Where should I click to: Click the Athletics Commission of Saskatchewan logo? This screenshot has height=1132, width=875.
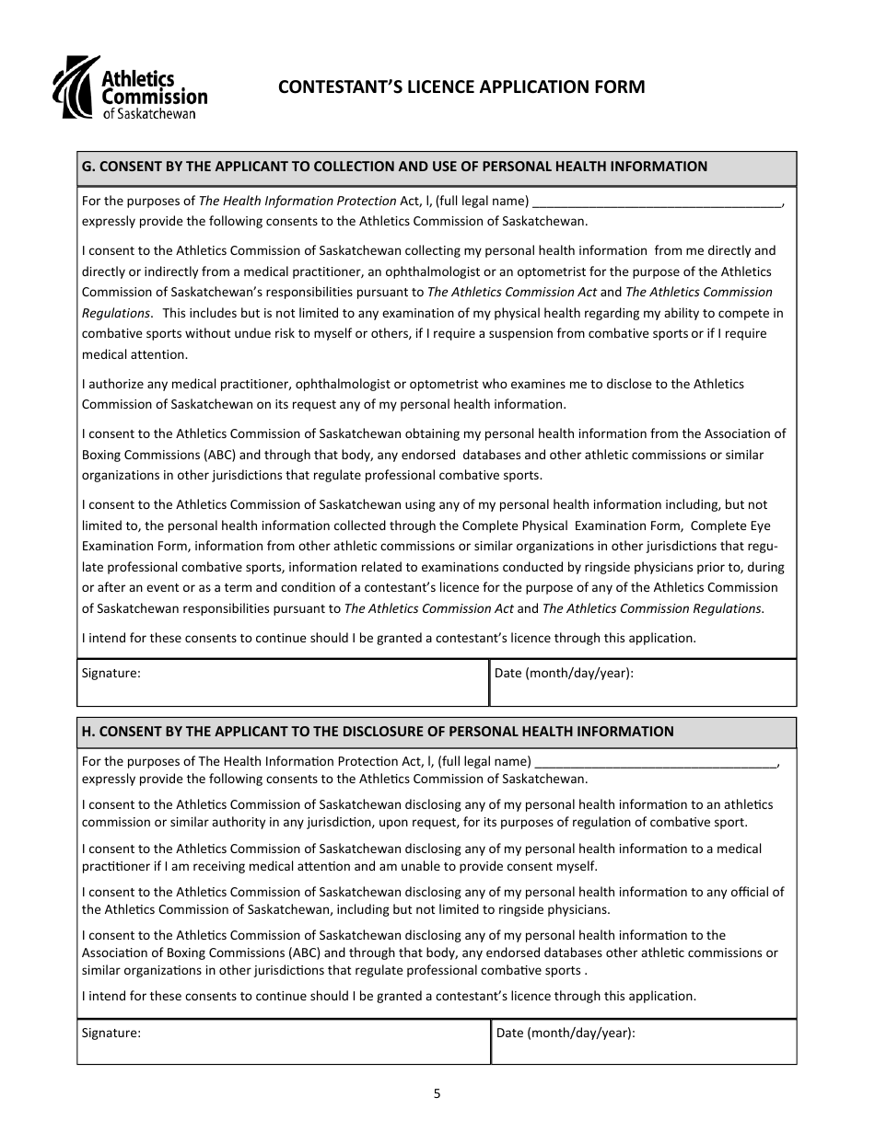tap(129, 88)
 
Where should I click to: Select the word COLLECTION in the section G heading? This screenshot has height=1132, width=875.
tap(346, 167)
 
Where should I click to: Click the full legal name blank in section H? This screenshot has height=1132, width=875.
tap(656, 761)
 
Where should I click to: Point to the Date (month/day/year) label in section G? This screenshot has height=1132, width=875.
tap(564, 673)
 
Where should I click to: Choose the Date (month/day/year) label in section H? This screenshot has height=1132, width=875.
tap(566, 1033)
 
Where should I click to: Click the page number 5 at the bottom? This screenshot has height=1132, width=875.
tap(437, 1094)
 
